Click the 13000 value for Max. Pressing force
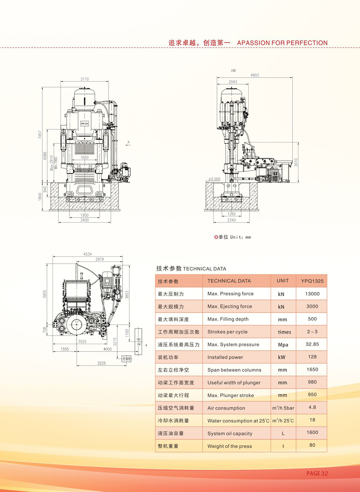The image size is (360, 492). click(312, 294)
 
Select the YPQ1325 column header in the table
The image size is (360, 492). click(312, 281)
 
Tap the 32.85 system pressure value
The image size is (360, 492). click(312, 344)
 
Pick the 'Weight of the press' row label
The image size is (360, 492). click(230, 446)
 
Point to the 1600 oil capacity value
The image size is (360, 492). click(312, 433)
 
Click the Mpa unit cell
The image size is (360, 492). click(283, 345)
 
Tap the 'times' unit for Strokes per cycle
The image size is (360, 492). click(284, 332)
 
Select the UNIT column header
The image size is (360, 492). click(283, 281)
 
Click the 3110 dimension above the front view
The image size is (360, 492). click(85, 79)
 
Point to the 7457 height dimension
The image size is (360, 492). click(40, 135)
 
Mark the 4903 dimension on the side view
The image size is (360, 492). click(255, 75)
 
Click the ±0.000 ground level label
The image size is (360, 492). click(214, 179)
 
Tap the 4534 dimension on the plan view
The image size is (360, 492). click(87, 254)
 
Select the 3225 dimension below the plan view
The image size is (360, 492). click(102, 363)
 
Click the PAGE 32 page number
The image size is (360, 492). click(317, 473)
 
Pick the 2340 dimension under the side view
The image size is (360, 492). click(231, 220)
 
